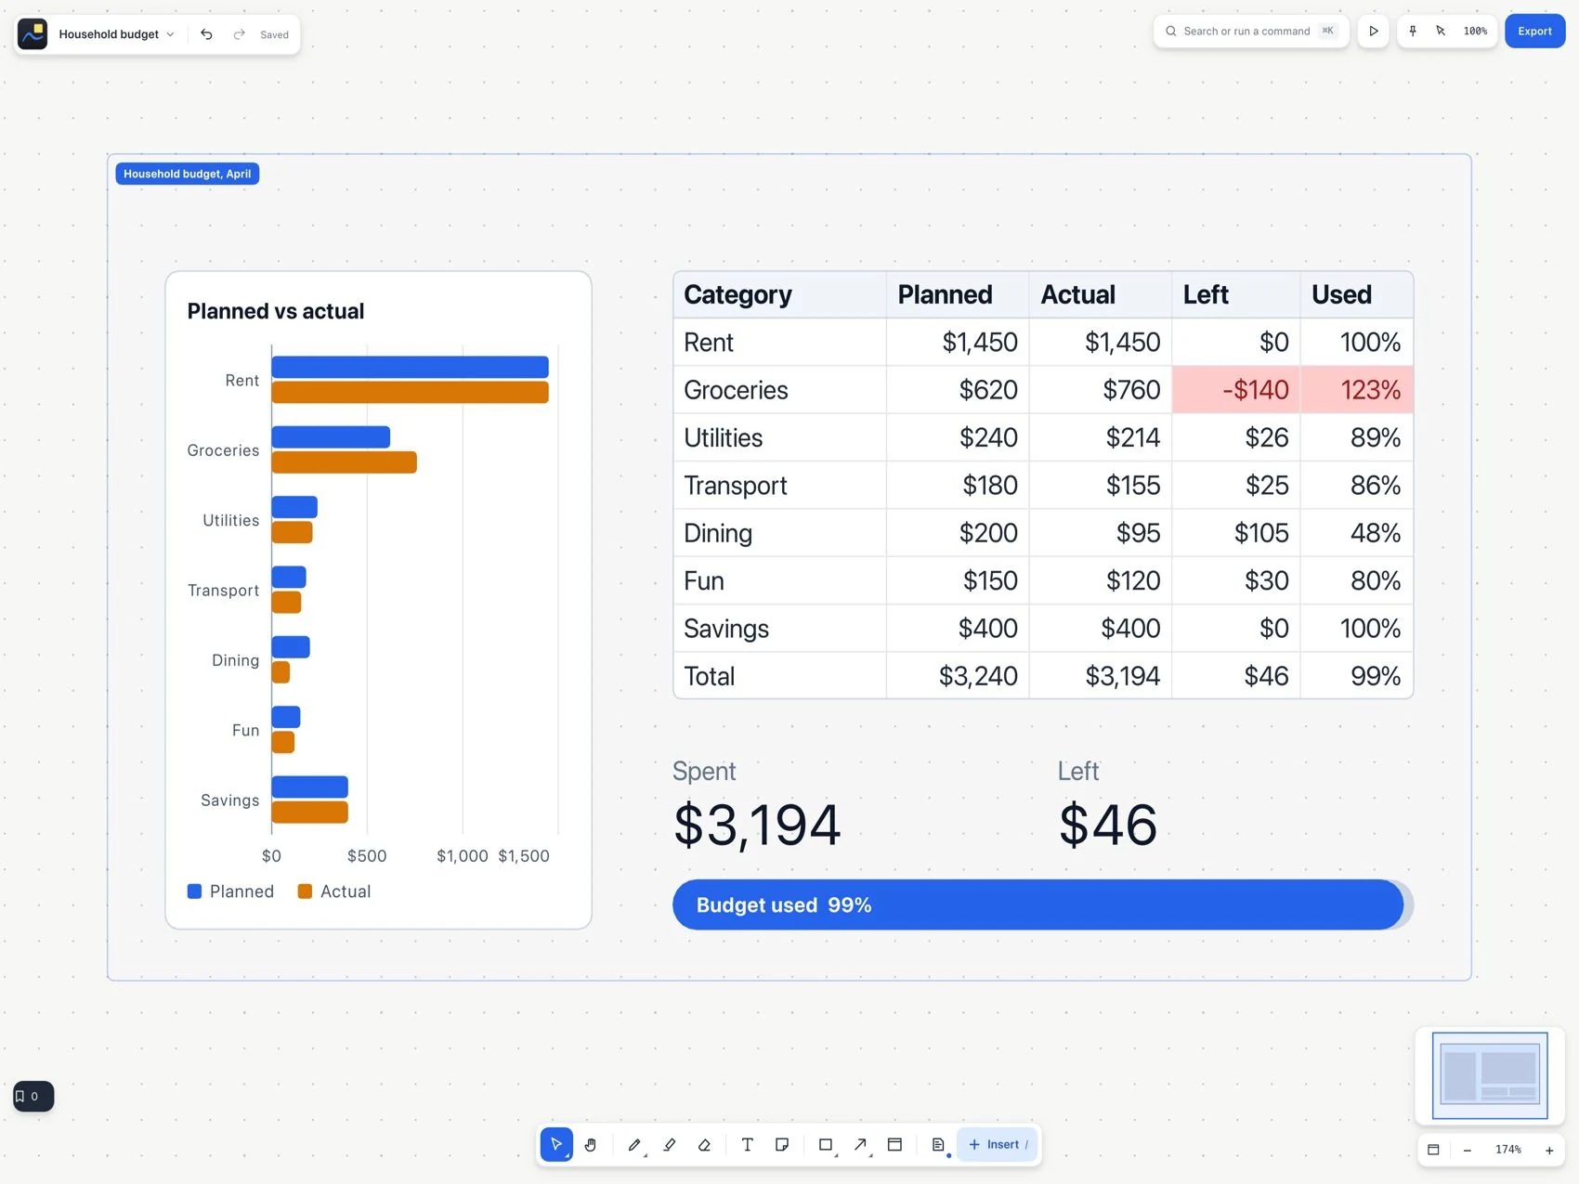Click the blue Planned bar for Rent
pyautogui.click(x=410, y=367)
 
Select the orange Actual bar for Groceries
pyautogui.click(x=344, y=462)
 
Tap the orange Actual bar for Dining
pyautogui.click(x=281, y=672)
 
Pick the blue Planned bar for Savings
pyautogui.click(x=309, y=787)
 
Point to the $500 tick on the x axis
pyautogui.click(x=367, y=856)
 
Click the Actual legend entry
pyautogui.click(x=333, y=891)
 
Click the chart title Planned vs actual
pyautogui.click(x=276, y=311)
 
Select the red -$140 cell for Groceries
pyautogui.click(x=1236, y=390)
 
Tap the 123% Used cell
pyautogui.click(x=1357, y=390)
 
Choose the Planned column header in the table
pyautogui.click(x=945, y=295)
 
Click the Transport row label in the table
pyautogui.click(x=736, y=486)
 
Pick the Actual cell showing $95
pyautogui.click(x=1138, y=533)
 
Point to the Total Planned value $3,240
pyautogui.click(x=978, y=676)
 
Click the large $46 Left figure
pyautogui.click(x=1108, y=825)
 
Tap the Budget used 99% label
pyautogui.click(x=784, y=905)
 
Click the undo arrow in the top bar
pyautogui.click(x=206, y=34)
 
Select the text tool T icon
pyautogui.click(x=747, y=1145)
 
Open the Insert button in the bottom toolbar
pyautogui.click(x=998, y=1145)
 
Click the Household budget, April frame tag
pyautogui.click(x=187, y=174)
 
